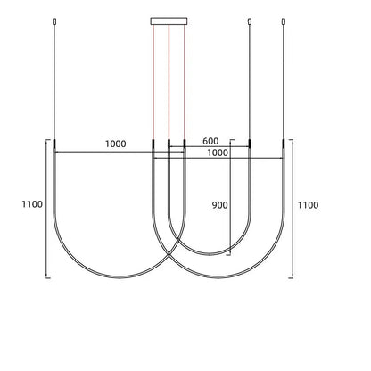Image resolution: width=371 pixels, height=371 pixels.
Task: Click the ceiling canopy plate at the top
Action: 168,18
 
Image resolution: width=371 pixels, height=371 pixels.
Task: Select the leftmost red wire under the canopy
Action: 153,80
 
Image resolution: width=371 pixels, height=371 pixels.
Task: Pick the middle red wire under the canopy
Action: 169,80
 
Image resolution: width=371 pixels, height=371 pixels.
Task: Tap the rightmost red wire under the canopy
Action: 183,80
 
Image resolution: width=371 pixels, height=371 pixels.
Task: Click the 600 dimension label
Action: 210,142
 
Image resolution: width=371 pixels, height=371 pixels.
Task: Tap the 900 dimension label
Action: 219,205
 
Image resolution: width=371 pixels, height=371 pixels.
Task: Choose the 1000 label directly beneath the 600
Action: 217,153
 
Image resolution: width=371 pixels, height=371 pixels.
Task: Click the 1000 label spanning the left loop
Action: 115,144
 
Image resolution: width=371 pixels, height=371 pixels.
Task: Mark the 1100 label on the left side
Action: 32,205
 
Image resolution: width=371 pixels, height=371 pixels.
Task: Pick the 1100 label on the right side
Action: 309,205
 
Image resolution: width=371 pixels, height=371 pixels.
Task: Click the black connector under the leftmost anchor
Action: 55,144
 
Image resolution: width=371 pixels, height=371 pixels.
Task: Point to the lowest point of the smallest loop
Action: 209,254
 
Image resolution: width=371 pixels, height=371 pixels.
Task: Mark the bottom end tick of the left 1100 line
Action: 46,277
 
